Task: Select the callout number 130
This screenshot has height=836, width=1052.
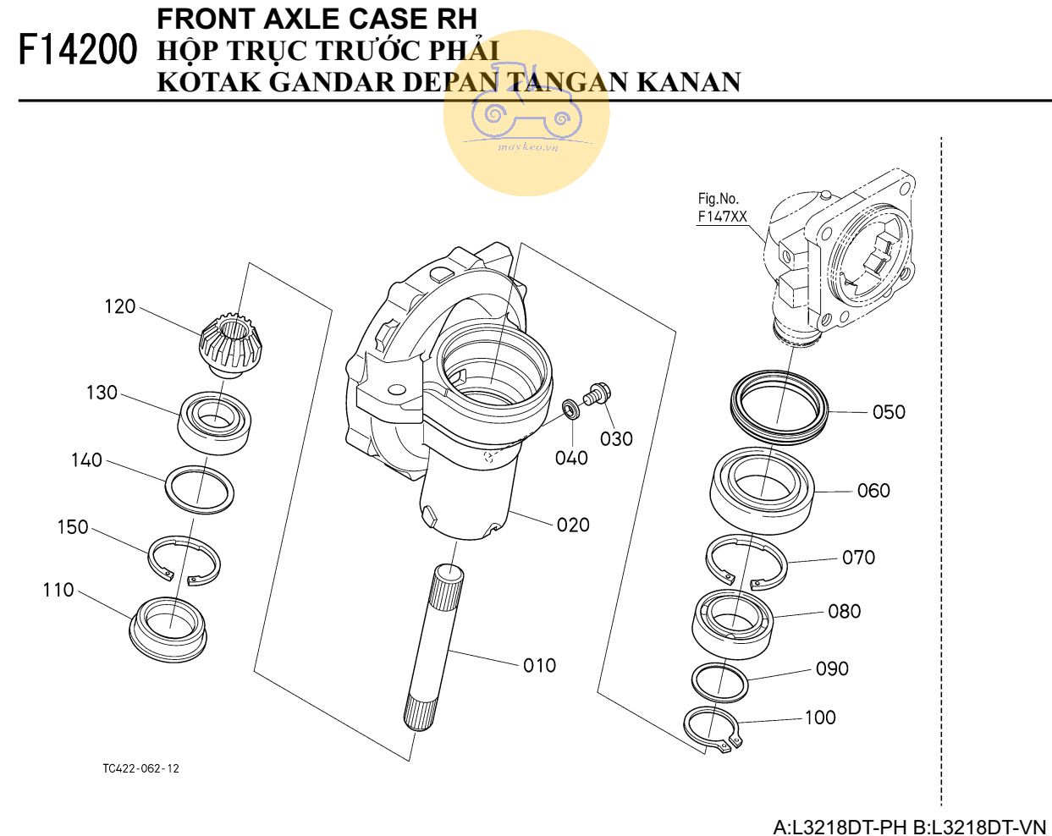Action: tap(102, 393)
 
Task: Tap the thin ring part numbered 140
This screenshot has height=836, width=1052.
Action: tap(200, 488)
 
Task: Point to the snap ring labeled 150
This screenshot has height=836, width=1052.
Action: tap(185, 559)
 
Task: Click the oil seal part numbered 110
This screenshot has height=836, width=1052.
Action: tap(170, 624)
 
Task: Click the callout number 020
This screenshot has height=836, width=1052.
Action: tap(573, 525)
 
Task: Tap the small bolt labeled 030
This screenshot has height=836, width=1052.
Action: tap(599, 393)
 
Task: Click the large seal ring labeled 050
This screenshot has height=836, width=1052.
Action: tap(779, 404)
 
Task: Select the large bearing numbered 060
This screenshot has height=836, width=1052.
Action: tap(761, 490)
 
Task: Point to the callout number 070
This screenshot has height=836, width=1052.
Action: tap(858, 558)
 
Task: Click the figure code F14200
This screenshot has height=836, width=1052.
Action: tap(78, 51)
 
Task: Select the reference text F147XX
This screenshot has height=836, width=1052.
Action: tap(722, 217)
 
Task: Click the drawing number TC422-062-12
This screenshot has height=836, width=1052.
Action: tap(140, 768)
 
